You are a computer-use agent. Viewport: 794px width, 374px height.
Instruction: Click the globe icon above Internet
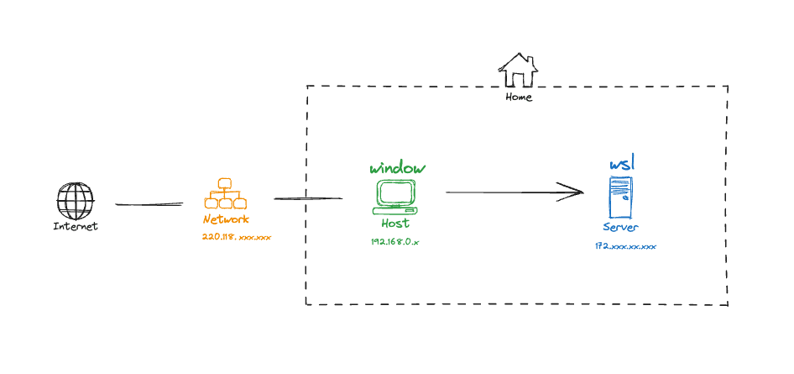(76, 202)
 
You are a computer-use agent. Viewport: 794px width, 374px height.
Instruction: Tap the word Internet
(76, 226)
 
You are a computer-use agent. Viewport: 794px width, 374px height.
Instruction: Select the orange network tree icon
(225, 194)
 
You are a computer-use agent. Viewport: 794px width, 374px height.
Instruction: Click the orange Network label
(226, 219)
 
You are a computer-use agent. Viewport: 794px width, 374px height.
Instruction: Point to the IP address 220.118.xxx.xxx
(237, 238)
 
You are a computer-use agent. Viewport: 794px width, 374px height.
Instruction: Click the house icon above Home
(518, 71)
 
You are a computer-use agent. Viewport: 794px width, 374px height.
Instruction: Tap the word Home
(519, 97)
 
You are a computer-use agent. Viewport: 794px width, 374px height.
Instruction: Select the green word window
(398, 168)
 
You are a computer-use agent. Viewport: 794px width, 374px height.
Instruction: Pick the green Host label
(395, 224)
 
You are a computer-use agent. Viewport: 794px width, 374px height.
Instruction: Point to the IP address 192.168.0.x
(394, 241)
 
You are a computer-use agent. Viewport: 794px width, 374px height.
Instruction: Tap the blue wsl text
(621, 163)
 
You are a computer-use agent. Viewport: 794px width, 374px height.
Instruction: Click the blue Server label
(621, 228)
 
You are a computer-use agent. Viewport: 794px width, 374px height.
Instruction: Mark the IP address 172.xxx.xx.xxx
(625, 246)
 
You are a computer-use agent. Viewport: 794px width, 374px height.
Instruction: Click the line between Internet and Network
(149, 203)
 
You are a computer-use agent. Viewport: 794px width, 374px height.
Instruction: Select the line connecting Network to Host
(307, 198)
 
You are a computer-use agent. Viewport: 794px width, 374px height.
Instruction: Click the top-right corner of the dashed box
(727, 87)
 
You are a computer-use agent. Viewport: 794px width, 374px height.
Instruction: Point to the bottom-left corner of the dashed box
(306, 303)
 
